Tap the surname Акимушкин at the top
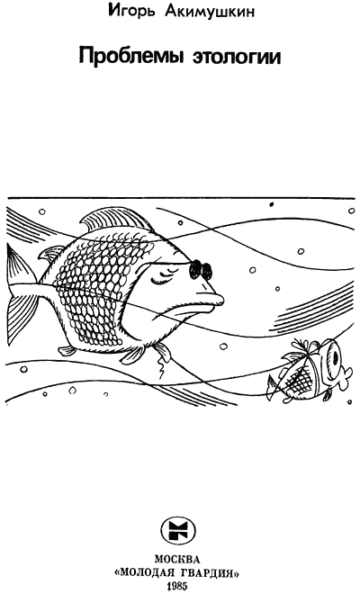pos(210,12)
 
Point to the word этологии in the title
pos(237,58)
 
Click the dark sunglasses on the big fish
pos(201,269)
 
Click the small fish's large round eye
pos(333,357)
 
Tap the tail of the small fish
pos(274,386)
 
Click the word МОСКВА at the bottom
pos(177,560)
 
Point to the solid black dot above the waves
pos(271,204)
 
